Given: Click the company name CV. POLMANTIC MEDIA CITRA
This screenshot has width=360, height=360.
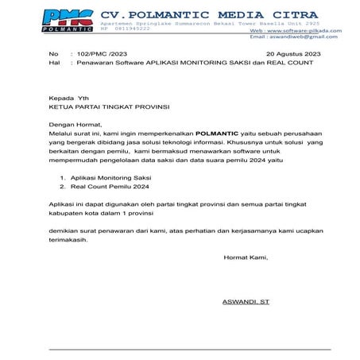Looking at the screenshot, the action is click(x=208, y=14).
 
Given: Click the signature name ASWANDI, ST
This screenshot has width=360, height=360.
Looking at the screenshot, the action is click(x=246, y=302).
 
